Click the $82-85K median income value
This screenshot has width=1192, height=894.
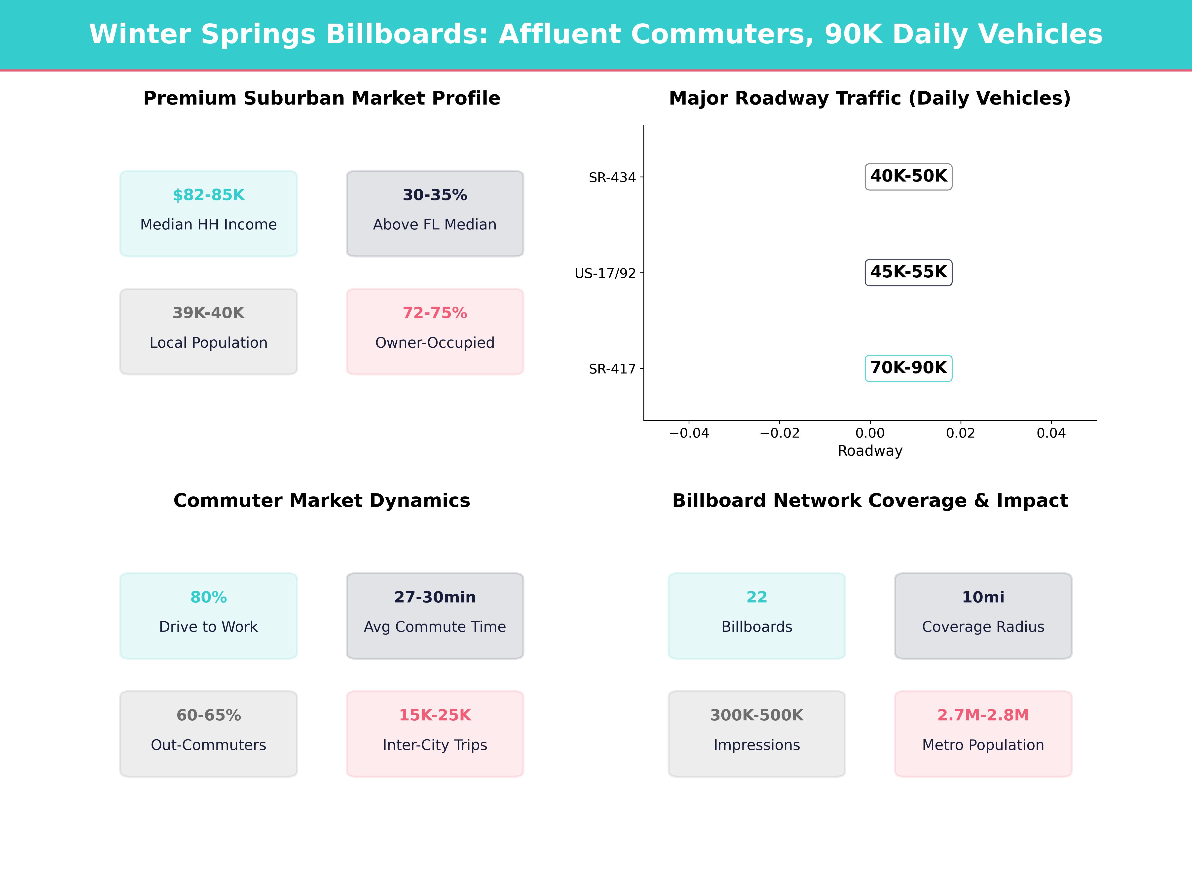pyautogui.click(x=209, y=195)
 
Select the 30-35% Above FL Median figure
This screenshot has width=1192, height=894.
pyautogui.click(x=435, y=195)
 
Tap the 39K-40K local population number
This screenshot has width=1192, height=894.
pyautogui.click(x=209, y=313)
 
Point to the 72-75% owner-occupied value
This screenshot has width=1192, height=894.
pyautogui.click(x=435, y=313)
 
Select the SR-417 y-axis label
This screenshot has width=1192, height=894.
pyautogui.click(x=612, y=369)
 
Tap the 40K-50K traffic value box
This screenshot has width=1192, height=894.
pyautogui.click(x=909, y=176)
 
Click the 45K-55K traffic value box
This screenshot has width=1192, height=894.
pyautogui.click(x=909, y=272)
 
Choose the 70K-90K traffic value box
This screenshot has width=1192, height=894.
pyautogui.click(x=909, y=368)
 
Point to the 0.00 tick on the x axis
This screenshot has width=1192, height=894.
pyautogui.click(x=870, y=433)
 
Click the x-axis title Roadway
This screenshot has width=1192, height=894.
pyautogui.click(x=870, y=451)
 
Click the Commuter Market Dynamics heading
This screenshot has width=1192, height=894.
pyautogui.click(x=322, y=501)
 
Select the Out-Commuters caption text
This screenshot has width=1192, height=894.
pyautogui.click(x=209, y=745)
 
